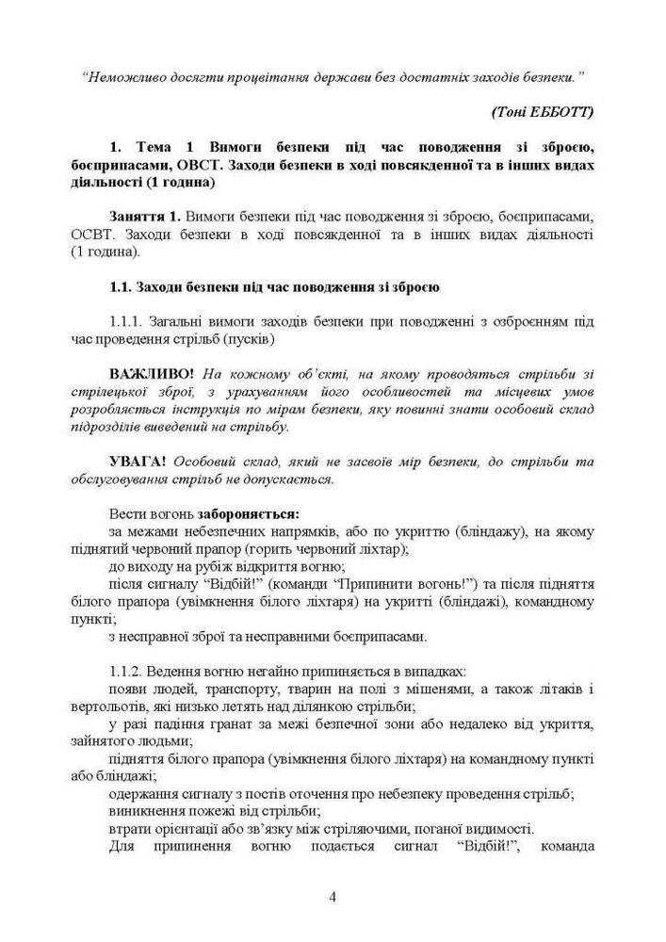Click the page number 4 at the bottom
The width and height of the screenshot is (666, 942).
tap(333, 896)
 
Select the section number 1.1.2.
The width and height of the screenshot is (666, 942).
tap(131, 672)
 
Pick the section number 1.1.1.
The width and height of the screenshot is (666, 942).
tap(131, 321)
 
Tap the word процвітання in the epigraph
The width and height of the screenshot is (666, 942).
tap(292, 75)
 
